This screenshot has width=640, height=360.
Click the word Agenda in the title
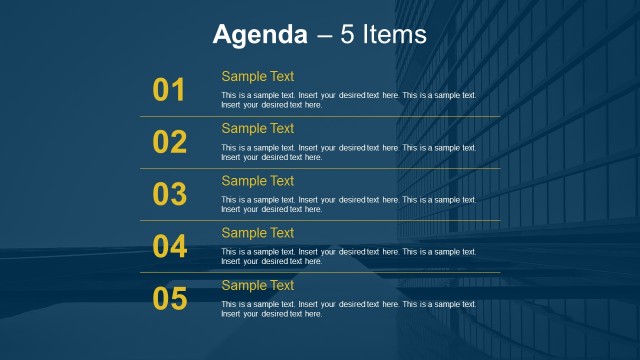260,35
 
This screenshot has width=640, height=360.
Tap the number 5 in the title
346,35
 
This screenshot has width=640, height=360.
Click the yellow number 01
170,91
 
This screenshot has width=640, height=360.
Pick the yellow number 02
170,143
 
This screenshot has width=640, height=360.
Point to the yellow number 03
170,195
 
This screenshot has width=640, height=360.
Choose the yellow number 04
170,247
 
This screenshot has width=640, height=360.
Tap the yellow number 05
170,299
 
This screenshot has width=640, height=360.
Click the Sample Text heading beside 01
258,76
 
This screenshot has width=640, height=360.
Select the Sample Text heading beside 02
258,128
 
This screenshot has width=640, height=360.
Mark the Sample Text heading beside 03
258,181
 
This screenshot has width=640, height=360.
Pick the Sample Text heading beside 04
258,233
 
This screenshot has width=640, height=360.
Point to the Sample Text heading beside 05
258,285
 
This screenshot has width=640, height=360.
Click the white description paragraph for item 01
348,100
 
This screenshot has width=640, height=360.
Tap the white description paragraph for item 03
348,204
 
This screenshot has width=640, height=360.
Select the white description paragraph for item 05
348,309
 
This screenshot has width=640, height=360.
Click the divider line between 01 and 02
320,116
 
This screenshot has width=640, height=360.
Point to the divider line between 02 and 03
320,168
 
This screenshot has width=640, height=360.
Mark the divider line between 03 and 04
320,220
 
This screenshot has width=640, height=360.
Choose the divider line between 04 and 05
320,272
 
